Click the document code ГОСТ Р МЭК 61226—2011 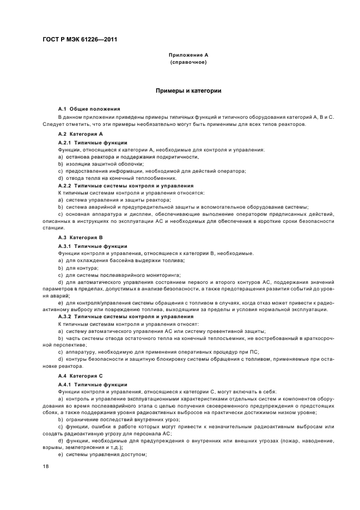[80, 40]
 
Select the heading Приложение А [188, 55]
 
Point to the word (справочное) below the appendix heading [188, 62]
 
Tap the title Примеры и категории [188, 90]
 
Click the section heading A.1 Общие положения [89, 110]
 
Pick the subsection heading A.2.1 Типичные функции [93, 142]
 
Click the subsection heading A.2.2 [126, 185]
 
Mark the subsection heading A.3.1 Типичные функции [93, 246]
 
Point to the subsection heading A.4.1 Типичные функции [93, 384]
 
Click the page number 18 [46, 467]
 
